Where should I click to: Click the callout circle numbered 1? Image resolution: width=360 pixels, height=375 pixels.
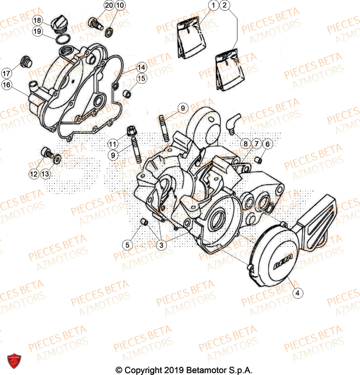(x=213, y=6)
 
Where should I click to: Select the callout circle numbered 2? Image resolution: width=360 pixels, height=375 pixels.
(x=224, y=6)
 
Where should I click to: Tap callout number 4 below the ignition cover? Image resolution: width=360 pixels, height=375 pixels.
(x=297, y=294)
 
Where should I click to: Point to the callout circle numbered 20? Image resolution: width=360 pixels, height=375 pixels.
(x=109, y=6)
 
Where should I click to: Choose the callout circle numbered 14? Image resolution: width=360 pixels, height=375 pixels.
(x=141, y=68)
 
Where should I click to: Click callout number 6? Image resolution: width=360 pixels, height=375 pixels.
(x=267, y=144)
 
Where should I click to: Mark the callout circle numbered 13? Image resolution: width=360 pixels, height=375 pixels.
(x=45, y=174)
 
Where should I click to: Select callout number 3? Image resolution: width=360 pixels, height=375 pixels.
(x=161, y=245)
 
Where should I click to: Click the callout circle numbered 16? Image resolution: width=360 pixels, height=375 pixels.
(x=6, y=85)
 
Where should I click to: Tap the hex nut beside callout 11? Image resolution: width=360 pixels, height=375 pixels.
(x=132, y=131)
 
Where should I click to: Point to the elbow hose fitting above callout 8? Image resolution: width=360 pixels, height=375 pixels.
(x=233, y=124)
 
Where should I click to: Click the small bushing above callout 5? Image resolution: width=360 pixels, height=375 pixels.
(x=144, y=223)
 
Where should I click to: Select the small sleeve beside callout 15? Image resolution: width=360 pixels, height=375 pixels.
(x=128, y=93)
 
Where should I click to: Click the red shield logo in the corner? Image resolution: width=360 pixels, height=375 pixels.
(x=14, y=360)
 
